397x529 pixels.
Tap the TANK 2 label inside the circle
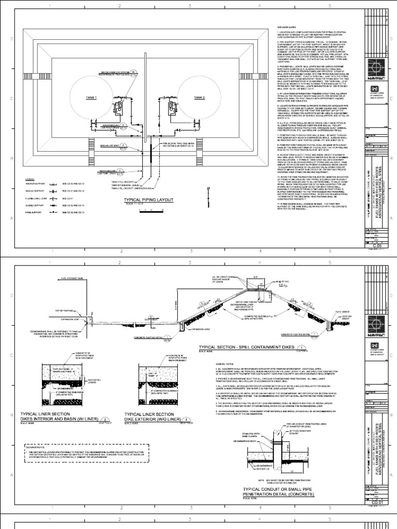pyautogui.click(x=200, y=97)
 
